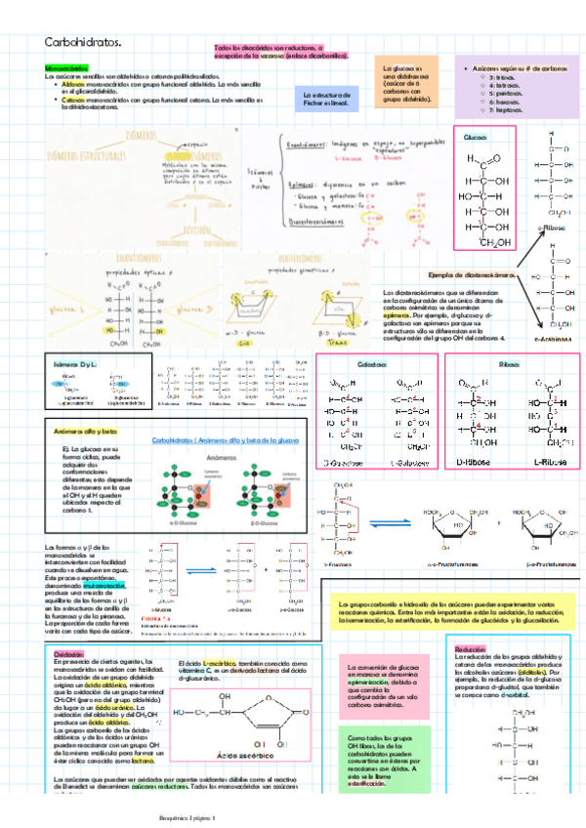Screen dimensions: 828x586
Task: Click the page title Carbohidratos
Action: click(x=82, y=42)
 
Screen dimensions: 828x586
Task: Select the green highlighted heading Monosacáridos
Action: click(x=65, y=67)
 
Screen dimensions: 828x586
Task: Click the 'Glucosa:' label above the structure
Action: click(x=475, y=138)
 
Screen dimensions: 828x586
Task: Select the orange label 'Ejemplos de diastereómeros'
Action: click(x=472, y=276)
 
